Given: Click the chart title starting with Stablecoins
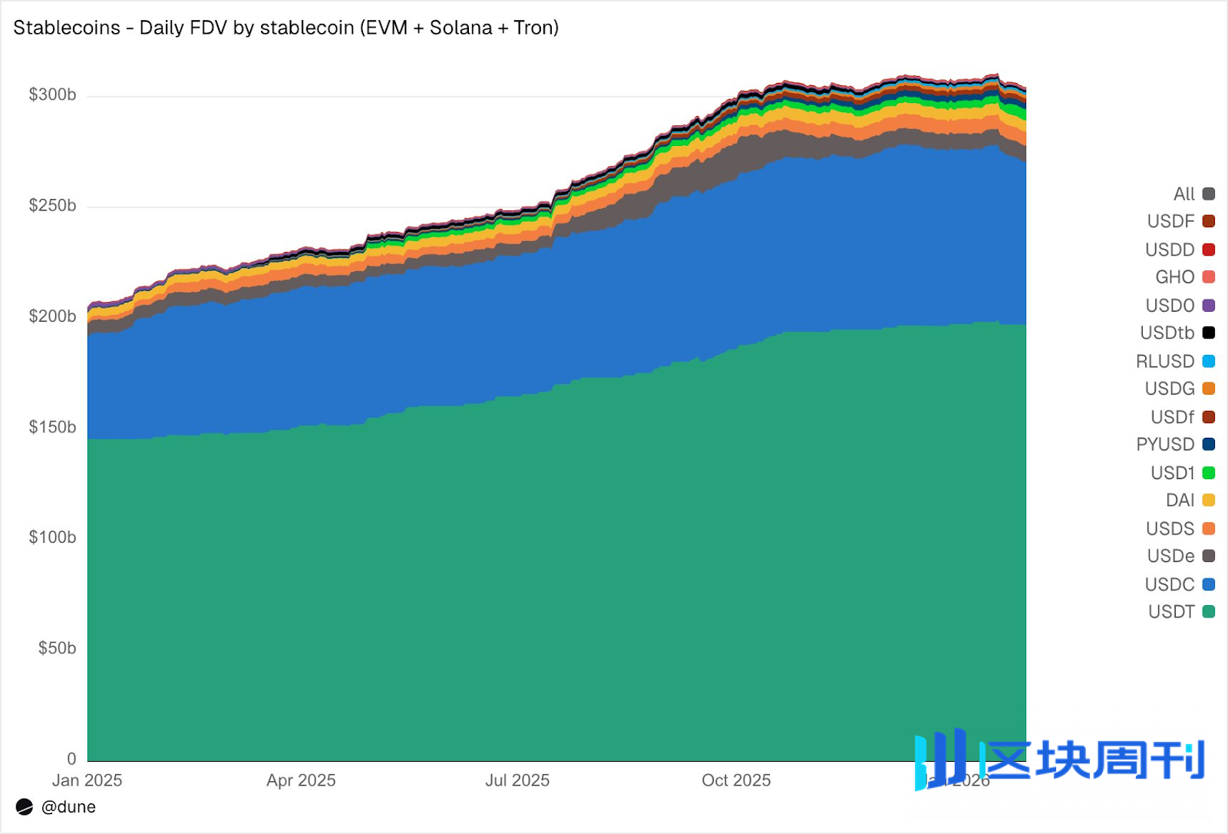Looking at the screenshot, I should point(286,28).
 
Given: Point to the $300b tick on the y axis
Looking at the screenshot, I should point(52,94).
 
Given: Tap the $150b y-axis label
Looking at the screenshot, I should point(52,427).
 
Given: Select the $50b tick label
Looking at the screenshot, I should point(57,648).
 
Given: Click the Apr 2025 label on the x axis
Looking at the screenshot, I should point(301,780).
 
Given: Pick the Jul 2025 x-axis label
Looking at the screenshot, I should point(517,780).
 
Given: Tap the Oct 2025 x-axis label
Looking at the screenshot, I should point(736,780).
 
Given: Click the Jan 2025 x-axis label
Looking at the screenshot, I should point(87,780).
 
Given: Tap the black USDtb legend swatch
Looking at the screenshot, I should point(1209,333).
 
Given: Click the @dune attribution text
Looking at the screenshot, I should point(68,807).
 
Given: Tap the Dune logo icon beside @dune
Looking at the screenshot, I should point(25,807).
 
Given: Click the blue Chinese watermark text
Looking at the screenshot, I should point(1094,760).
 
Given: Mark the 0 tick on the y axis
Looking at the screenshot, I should point(71,759).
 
